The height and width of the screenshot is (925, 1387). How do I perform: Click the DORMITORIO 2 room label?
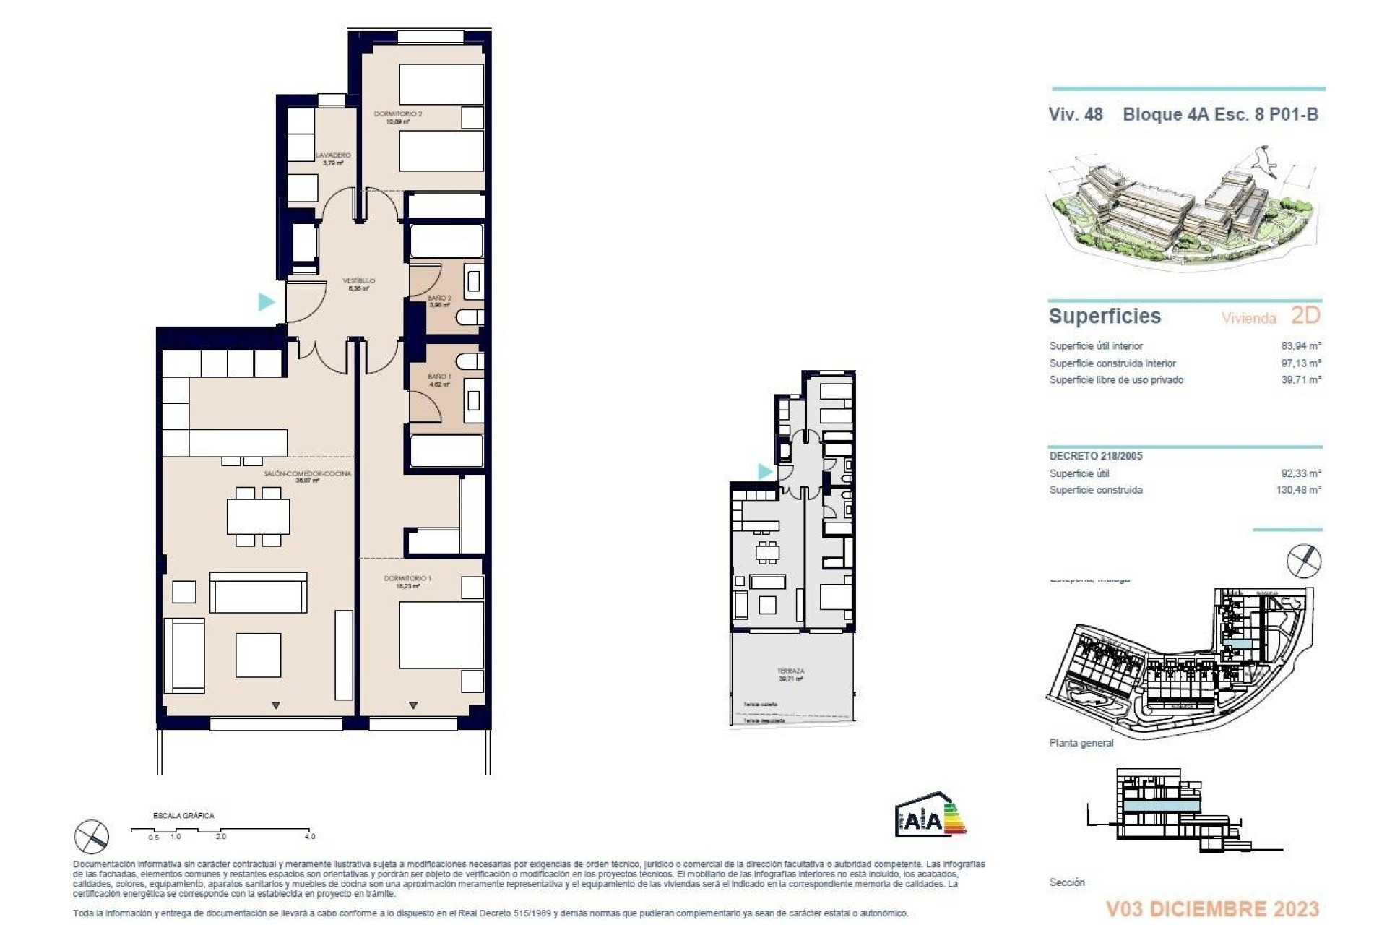pos(398,114)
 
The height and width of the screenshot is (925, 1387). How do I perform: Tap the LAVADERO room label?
pos(333,155)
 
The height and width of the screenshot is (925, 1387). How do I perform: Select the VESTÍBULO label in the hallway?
pos(358,280)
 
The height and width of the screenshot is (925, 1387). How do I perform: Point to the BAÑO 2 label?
pos(439,298)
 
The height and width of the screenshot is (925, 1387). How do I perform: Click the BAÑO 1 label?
pos(439,377)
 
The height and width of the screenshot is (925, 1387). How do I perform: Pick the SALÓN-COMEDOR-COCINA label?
pos(307,473)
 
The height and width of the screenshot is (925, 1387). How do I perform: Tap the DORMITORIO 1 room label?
pos(407,578)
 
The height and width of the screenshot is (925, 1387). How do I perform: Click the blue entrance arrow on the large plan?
pos(267,301)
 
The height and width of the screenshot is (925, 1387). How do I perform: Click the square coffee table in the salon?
pos(258,655)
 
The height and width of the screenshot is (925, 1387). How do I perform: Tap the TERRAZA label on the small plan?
pos(790,671)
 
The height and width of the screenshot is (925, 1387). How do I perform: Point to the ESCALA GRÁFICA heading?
pos(183,815)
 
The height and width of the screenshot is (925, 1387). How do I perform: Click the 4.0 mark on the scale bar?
pos(309,836)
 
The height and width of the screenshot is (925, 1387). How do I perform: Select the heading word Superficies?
pos(1105,316)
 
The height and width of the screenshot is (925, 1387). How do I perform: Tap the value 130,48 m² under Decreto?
pos(1298,489)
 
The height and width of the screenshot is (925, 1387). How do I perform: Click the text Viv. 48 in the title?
pos(1076,114)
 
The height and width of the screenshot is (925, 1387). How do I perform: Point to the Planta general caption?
pos(1081,743)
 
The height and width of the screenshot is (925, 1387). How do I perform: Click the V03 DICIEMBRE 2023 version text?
pos(1213,908)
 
